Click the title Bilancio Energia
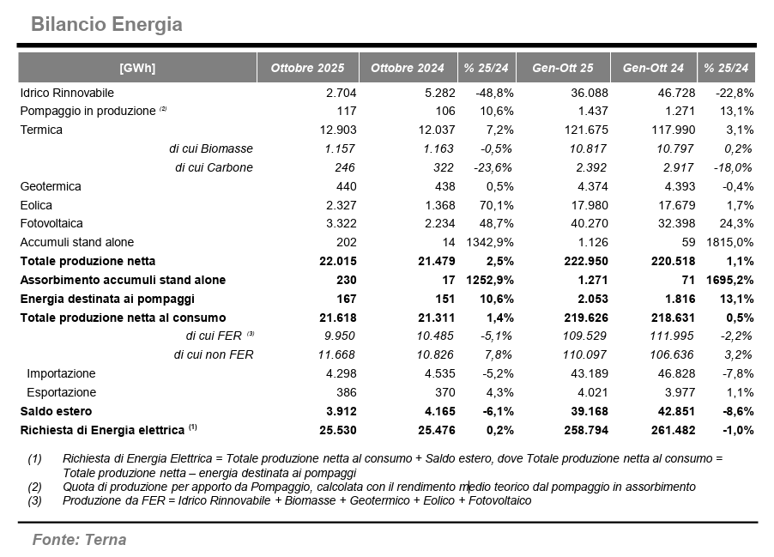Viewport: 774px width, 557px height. [106, 24]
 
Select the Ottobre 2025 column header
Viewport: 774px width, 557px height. [307, 68]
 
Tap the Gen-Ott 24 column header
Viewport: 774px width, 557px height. [653, 68]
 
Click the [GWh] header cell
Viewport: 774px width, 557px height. [137, 68]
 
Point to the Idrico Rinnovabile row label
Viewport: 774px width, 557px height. [67, 92]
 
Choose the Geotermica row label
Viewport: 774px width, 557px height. [51, 186]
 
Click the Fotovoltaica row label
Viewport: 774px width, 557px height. [53, 224]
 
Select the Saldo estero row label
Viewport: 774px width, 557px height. [56, 411]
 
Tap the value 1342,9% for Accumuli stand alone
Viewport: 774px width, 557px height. [489, 242]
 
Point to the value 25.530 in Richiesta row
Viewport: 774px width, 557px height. [338, 430]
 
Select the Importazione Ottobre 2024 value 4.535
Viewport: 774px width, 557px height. [427, 373]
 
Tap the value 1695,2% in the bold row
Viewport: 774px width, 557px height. [728, 280]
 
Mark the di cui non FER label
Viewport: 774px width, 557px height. [214, 354]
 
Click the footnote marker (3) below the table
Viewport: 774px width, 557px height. [34, 500]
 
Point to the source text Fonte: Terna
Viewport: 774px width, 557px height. [79, 540]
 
